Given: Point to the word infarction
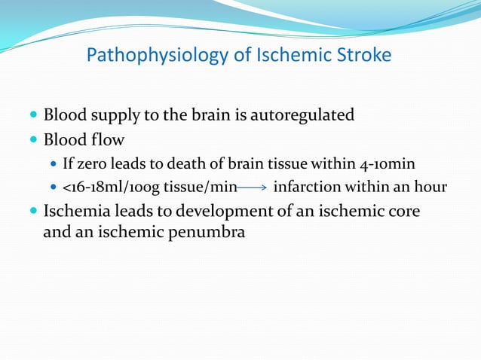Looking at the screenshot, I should click(x=308, y=187).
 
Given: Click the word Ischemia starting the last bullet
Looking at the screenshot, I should click(x=75, y=212).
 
